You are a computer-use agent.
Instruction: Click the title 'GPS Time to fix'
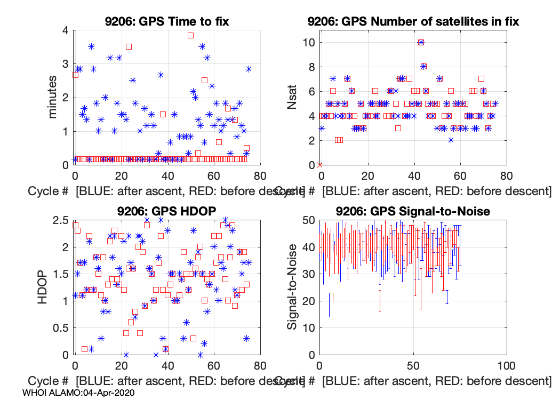[x=166, y=21]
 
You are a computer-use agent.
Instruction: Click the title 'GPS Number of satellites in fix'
[x=413, y=21]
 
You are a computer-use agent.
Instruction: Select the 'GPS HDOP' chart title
[x=166, y=211]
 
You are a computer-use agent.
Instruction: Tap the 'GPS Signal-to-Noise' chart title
[x=413, y=211]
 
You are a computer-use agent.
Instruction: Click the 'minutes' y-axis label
[x=53, y=98]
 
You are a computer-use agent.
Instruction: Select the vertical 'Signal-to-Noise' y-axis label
[x=292, y=287]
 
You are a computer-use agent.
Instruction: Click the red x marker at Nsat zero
[x=319, y=165]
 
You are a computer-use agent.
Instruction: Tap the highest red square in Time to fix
[x=190, y=35]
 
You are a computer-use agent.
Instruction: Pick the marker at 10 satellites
[x=421, y=42]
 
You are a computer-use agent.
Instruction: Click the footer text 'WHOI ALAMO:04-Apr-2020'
[x=79, y=392]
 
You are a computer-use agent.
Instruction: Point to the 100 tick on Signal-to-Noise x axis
[x=506, y=366]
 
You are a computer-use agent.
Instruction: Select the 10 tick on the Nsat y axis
[x=308, y=42]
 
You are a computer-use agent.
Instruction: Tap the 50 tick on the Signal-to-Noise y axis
[x=308, y=220]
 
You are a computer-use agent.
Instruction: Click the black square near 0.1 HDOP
[x=84, y=349]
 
